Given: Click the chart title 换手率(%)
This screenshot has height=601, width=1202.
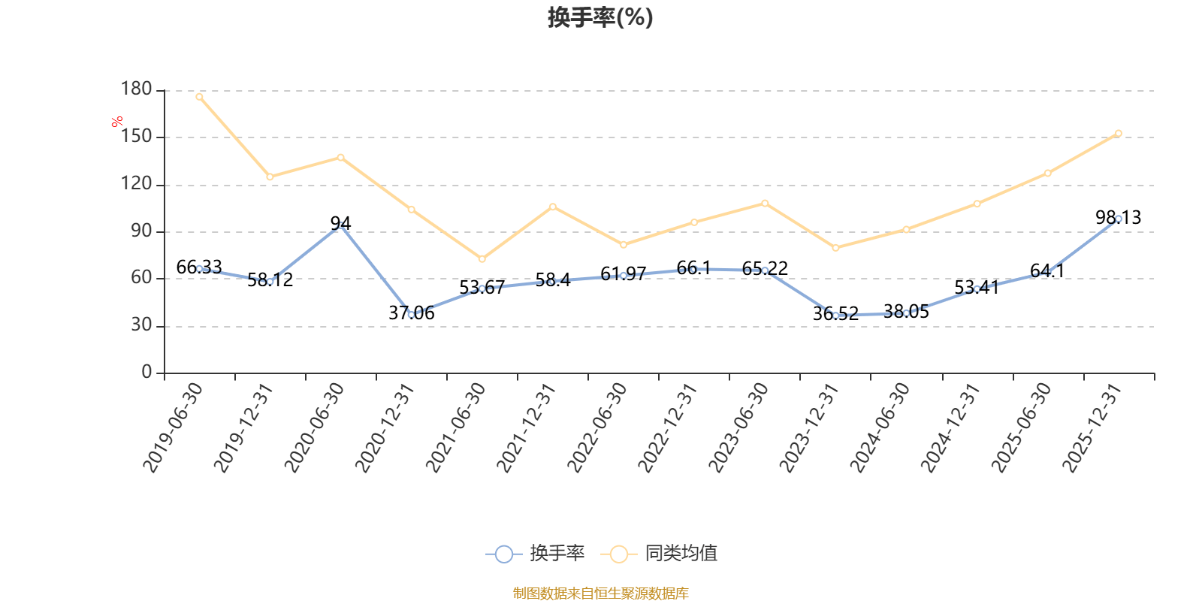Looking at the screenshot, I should click(600, 17).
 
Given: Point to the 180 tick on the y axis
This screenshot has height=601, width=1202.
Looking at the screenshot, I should click(137, 89).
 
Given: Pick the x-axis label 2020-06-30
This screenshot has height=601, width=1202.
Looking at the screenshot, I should click(315, 427).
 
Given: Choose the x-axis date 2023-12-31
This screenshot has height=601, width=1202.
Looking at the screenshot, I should click(809, 427).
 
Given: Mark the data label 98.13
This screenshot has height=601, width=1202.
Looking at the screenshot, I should click(1118, 218).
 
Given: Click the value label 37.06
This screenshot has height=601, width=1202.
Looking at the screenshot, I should click(412, 313).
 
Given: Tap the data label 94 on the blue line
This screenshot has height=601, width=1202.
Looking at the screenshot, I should click(340, 223).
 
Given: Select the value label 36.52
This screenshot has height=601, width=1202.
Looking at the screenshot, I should click(835, 314).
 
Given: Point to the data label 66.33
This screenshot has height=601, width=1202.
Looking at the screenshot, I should click(199, 267).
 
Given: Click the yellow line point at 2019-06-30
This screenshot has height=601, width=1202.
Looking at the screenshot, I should click(199, 96).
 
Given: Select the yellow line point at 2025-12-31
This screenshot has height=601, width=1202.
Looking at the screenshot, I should click(1118, 134).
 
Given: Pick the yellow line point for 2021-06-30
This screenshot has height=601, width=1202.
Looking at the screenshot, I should click(482, 259).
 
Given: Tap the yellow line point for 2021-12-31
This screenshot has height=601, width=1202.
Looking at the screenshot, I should click(553, 207).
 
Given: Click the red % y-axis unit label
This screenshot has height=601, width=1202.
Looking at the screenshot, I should click(117, 122).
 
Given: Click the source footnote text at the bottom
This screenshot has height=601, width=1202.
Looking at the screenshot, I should click(600, 593).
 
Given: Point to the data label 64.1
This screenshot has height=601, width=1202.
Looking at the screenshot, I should click(1047, 271).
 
